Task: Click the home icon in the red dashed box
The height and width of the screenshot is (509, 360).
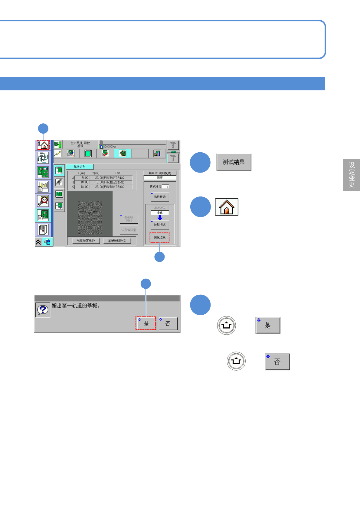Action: point(43,145)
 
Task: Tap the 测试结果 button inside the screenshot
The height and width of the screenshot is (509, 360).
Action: point(159,238)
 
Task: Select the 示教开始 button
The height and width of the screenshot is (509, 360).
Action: point(160,197)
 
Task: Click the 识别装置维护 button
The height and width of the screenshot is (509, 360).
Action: point(86,241)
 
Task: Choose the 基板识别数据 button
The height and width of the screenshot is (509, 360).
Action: point(117,241)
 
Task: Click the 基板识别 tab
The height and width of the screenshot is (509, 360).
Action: point(80,167)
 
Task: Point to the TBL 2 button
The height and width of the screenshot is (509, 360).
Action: point(173,145)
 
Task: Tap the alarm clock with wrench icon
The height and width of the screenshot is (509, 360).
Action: point(43,200)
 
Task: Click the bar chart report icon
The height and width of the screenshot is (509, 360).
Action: point(43,186)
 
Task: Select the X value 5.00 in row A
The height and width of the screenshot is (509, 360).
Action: point(82,178)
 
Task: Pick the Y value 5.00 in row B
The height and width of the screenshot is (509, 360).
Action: point(97,182)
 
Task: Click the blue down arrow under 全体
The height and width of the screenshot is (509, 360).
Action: point(160,218)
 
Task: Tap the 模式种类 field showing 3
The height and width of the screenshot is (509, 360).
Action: point(166,186)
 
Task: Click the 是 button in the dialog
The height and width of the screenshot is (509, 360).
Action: point(146,323)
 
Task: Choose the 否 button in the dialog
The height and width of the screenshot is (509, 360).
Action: point(168,323)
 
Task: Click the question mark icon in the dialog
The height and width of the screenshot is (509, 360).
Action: point(43,310)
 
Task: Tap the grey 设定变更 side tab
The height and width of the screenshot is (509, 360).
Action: point(352,175)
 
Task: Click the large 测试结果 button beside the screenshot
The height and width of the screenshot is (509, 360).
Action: point(234,162)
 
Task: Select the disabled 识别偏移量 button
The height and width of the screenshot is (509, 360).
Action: point(129,230)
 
